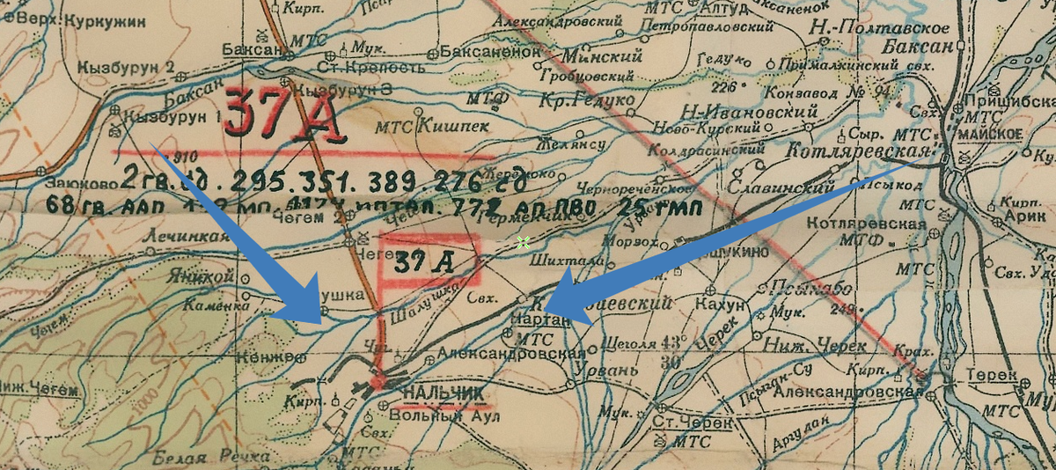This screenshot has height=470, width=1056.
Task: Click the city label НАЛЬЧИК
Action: coord(444,393)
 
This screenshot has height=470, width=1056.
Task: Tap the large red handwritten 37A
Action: coord(283,114)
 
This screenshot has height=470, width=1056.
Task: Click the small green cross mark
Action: coord(524,242)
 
